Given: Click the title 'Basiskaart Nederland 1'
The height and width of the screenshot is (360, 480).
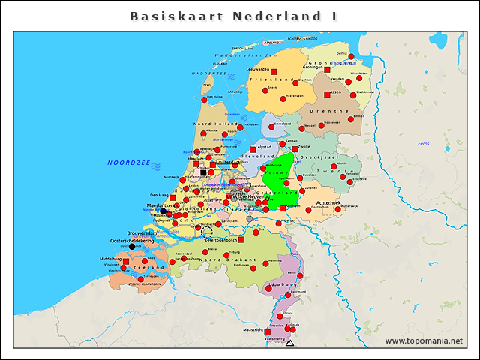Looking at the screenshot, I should (x=233, y=16).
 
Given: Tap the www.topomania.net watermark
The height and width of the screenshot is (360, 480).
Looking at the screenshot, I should (x=424, y=341).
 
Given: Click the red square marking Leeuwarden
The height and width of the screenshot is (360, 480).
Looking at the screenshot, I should (x=274, y=72).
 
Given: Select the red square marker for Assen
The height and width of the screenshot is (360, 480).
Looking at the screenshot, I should (x=327, y=94).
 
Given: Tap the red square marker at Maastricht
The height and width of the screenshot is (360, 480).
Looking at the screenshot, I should (x=268, y=331).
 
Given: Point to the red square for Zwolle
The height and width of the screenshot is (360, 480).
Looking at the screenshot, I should (x=295, y=149).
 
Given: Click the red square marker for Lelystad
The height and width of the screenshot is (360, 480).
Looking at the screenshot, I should (x=253, y=149).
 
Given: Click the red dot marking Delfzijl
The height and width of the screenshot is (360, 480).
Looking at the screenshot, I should (x=351, y=57).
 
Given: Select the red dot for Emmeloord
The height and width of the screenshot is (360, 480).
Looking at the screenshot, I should (x=271, y=127).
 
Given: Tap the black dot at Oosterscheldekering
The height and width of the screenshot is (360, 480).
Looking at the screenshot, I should (x=132, y=246).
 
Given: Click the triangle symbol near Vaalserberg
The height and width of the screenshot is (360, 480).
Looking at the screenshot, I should (x=289, y=343).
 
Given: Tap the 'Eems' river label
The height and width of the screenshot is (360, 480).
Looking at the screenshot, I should (x=423, y=143).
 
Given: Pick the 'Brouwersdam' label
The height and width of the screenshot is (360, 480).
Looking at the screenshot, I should (x=142, y=233).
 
